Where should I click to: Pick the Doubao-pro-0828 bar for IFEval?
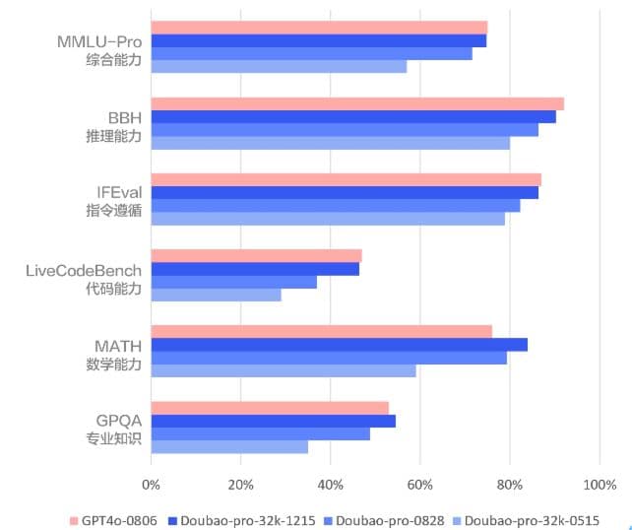(x=336, y=205)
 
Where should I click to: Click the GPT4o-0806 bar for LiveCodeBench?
(x=256, y=255)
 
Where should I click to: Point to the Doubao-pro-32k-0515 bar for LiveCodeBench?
(x=216, y=295)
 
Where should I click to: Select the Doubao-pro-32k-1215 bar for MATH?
(x=339, y=344)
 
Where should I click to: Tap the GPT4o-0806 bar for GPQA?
(x=270, y=408)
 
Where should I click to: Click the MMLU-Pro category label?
(x=98, y=43)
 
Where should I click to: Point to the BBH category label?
(x=124, y=119)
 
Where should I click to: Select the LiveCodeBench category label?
(x=83, y=271)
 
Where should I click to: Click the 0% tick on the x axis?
(x=151, y=485)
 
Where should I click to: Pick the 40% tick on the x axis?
(x=331, y=485)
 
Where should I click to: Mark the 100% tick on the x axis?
(x=599, y=485)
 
